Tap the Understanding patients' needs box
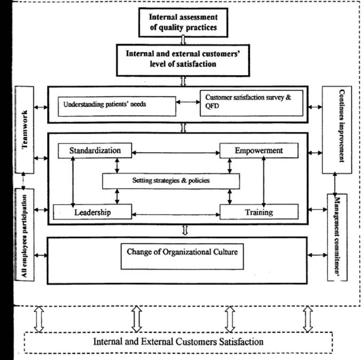click(x=116, y=105)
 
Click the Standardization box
click(x=94, y=151)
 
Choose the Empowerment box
click(x=258, y=151)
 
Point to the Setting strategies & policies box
click(x=170, y=181)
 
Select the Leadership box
click(x=92, y=212)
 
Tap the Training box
click(x=258, y=212)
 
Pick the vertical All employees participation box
click(x=24, y=233)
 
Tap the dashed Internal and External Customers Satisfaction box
click(x=178, y=341)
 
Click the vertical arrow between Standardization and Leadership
click(x=71, y=181)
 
